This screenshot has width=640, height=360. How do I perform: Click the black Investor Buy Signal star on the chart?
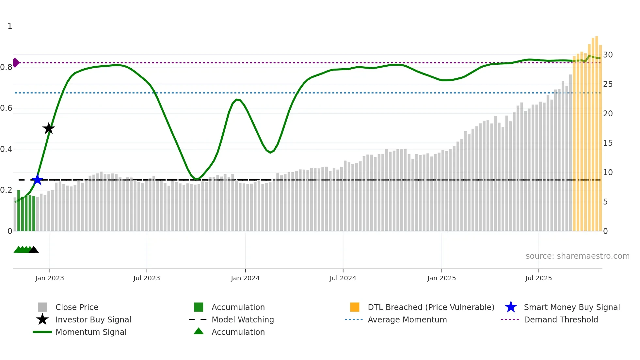pos(49,128)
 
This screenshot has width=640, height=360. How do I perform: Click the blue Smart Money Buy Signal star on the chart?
pos(37,180)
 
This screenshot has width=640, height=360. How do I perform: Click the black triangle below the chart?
pos(34,250)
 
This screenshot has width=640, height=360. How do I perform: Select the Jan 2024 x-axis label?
pos(245,278)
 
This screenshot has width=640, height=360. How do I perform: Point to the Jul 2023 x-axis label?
pos(147,278)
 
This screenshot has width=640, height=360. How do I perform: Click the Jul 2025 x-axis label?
pos(538,278)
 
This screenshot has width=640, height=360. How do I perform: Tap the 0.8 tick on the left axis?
pos(6,67)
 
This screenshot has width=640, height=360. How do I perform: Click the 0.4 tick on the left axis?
pos(6,149)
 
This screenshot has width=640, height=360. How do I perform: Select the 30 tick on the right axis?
pos(608,55)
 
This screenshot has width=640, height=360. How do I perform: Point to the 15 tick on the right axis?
pos(608,143)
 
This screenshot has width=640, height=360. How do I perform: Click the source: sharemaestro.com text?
pos(577,256)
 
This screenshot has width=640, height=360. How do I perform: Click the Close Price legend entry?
pos(77,307)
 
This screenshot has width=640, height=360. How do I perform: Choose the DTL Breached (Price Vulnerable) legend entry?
pos(431,307)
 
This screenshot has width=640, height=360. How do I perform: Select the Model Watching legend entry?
pos(243,319)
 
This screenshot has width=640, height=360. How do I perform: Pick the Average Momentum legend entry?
pos(407,319)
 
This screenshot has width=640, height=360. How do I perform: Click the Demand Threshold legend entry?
pos(561,319)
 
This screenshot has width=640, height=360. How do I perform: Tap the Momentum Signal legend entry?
pos(91,332)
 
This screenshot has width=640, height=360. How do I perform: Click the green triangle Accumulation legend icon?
pos(199,331)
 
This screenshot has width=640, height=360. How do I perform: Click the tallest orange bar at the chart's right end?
pos(597,131)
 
